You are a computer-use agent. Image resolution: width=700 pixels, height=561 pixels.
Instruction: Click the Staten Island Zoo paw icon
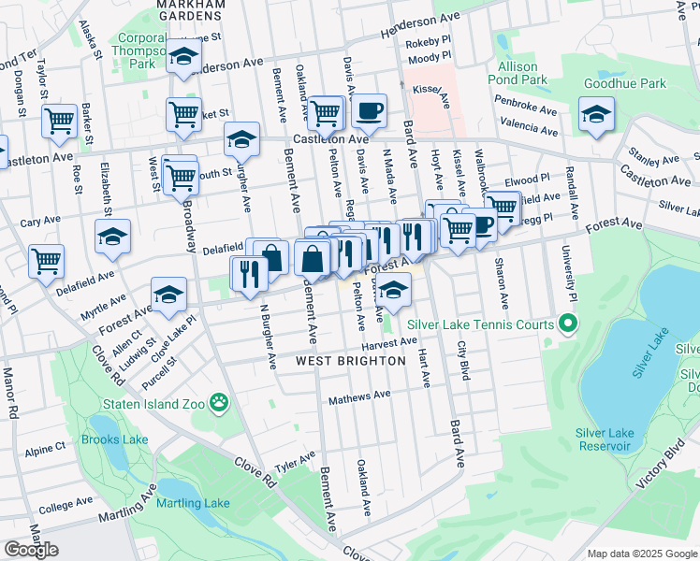pyautogui.click(x=219, y=403)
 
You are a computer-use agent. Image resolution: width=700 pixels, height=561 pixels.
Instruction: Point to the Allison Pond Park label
pyautogui.click(x=518, y=74)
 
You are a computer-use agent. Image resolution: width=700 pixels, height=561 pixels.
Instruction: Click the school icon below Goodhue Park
pyautogui.click(x=596, y=116)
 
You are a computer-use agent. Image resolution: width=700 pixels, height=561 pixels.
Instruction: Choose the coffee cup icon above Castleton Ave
pyautogui.click(x=369, y=111)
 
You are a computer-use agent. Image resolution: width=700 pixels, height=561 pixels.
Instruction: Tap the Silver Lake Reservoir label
pyautogui.click(x=605, y=439)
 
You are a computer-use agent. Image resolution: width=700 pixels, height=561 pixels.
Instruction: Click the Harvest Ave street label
pyautogui.click(x=389, y=343)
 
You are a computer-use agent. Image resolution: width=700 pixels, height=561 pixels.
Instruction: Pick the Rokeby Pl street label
pyautogui.click(x=429, y=43)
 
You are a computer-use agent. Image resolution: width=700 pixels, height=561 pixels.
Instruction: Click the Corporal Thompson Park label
pyautogui.click(x=141, y=51)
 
